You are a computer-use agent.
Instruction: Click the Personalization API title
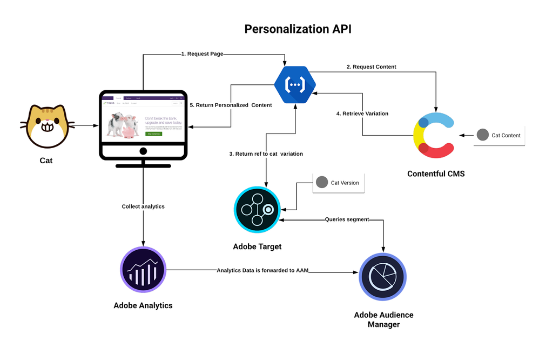[x=298, y=29]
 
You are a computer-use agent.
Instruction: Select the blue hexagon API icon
[x=295, y=83]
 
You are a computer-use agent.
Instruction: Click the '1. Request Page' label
[x=202, y=54]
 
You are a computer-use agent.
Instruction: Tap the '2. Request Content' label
[x=371, y=67]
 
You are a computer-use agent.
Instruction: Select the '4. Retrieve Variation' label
[x=362, y=114]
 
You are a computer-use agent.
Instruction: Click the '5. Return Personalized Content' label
[x=230, y=105]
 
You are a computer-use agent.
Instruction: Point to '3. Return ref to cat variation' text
[x=266, y=154]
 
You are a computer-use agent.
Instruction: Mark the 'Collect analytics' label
[x=143, y=206]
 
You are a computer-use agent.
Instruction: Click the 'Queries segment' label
[x=347, y=219]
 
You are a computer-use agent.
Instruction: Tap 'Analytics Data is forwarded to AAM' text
[x=262, y=270]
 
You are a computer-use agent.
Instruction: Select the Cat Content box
[x=500, y=136]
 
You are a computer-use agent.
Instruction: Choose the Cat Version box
[x=339, y=183]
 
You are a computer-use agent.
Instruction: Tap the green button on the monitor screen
[x=157, y=140]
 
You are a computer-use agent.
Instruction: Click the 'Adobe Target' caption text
[x=257, y=247]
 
